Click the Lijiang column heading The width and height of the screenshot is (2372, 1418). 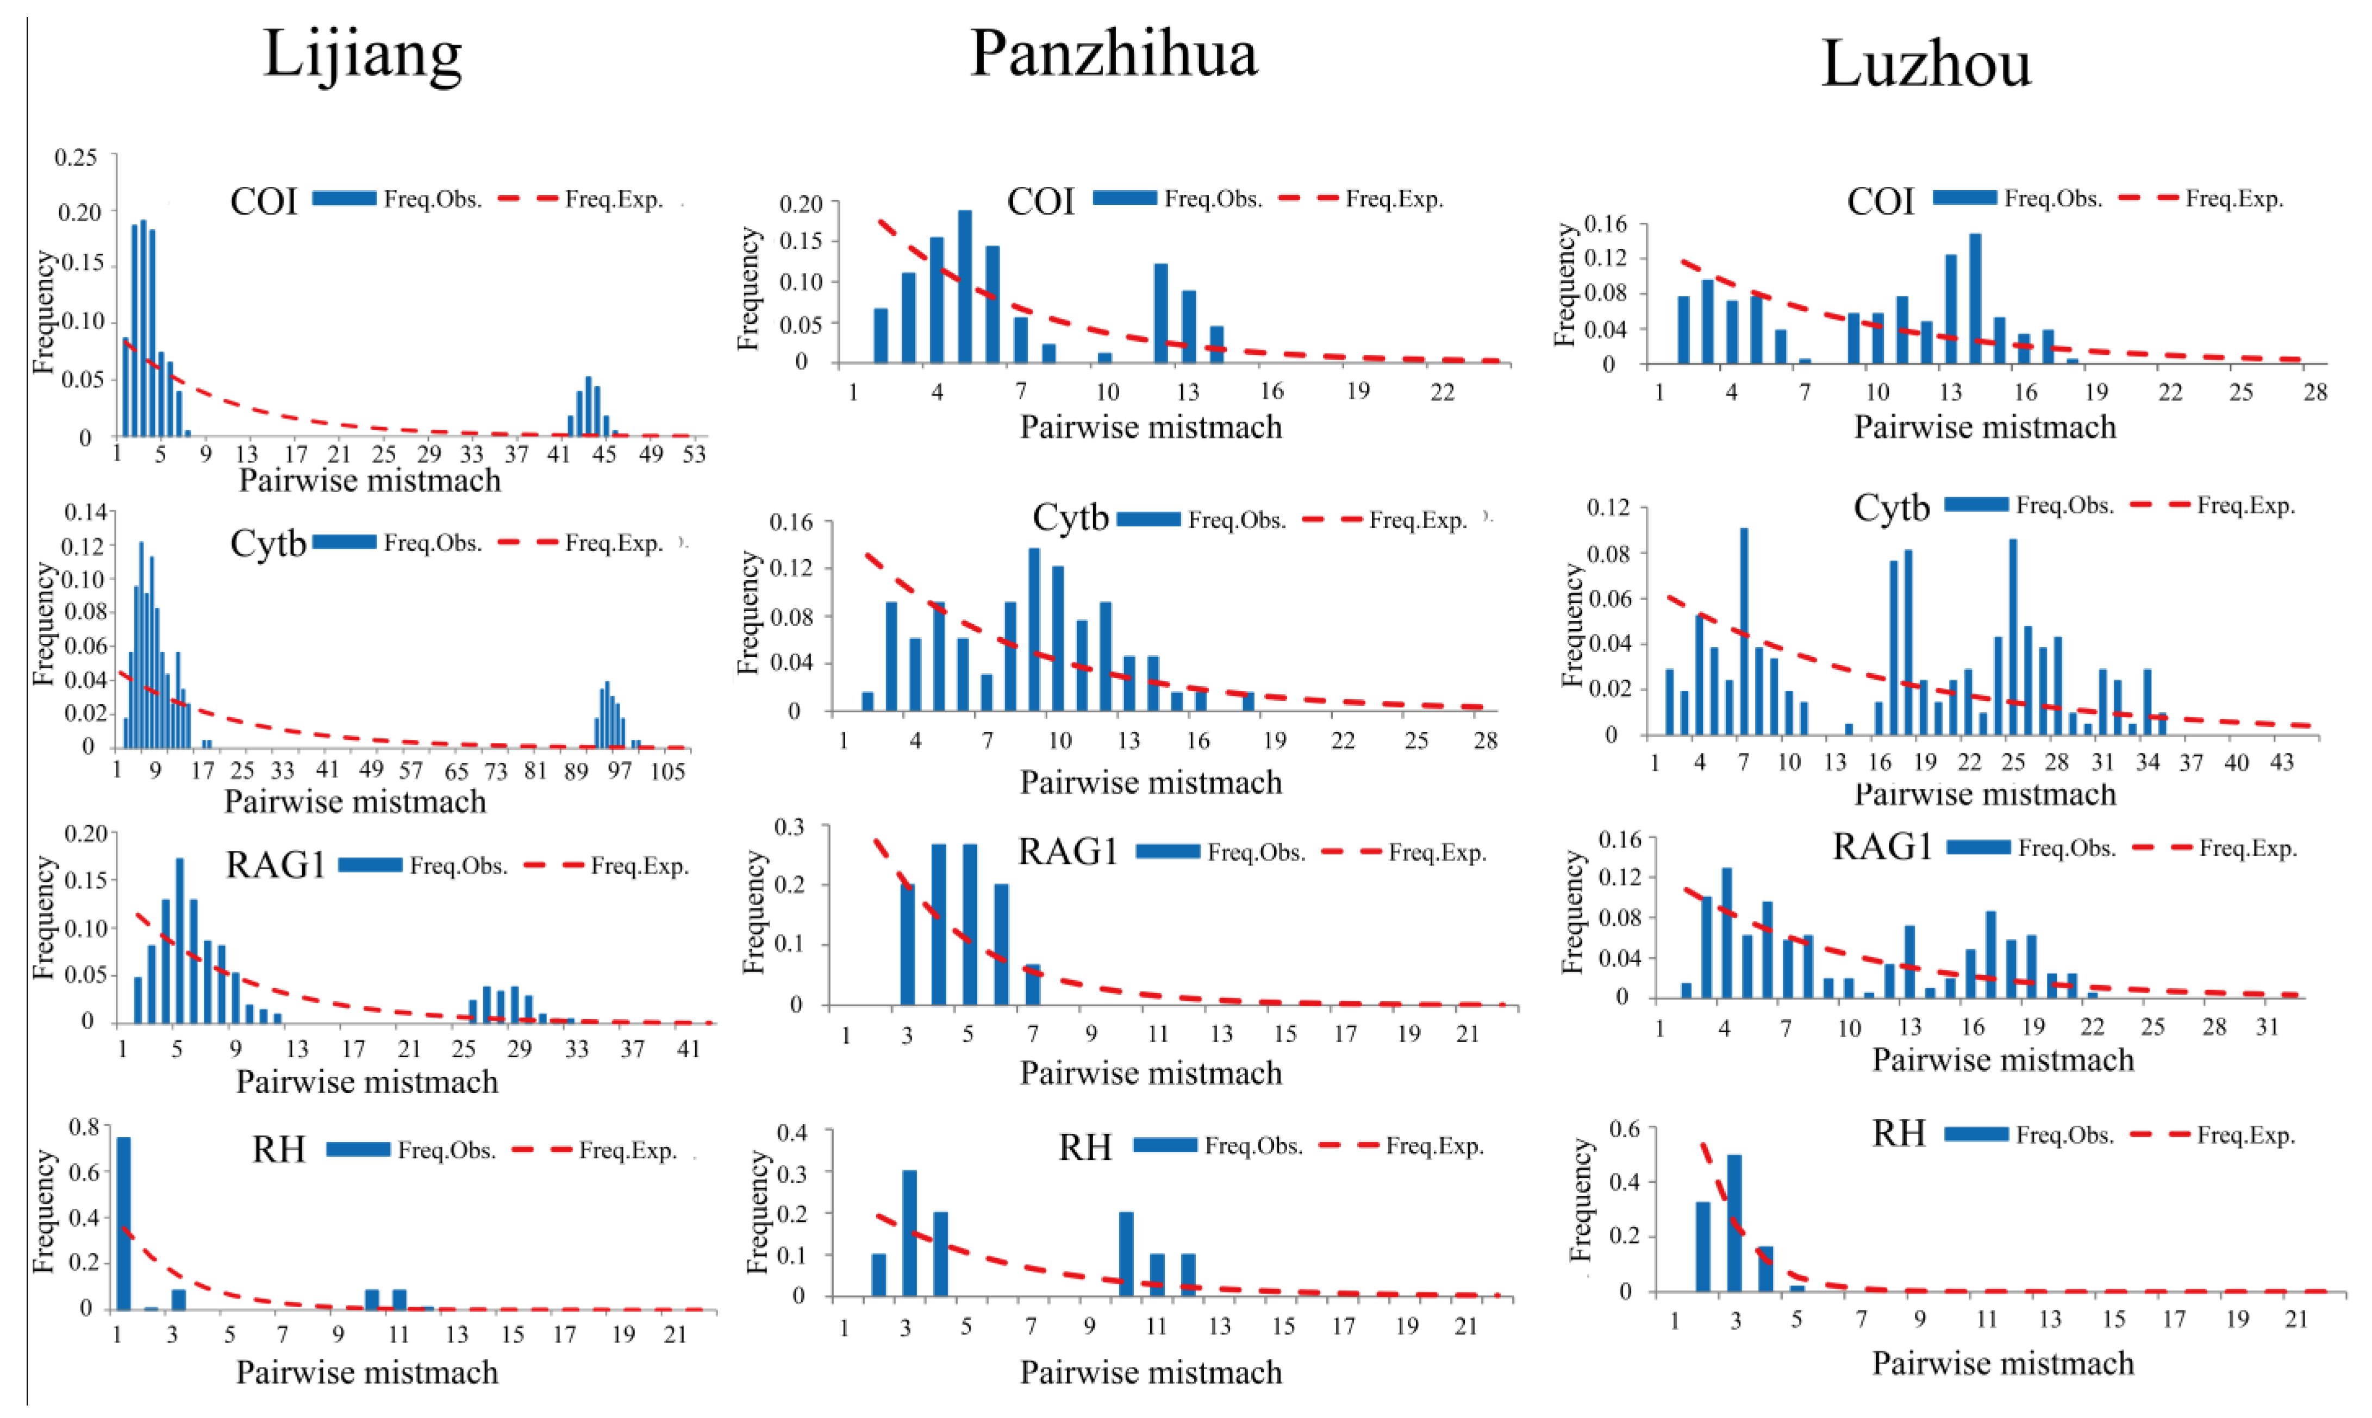click(363, 55)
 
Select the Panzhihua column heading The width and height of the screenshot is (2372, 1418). click(1114, 53)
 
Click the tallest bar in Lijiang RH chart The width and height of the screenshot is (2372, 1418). click(123, 1223)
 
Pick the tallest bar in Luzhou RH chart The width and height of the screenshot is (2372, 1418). click(1734, 1223)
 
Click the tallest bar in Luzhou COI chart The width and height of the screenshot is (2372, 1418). click(1975, 299)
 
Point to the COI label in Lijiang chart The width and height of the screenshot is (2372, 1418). click(264, 202)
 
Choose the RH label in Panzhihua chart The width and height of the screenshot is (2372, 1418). click(1085, 1147)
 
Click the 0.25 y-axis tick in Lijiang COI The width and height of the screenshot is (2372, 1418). click(76, 156)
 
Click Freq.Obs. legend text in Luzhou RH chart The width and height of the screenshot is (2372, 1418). click(2065, 1135)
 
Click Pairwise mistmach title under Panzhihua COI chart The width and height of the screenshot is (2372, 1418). click(1151, 427)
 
